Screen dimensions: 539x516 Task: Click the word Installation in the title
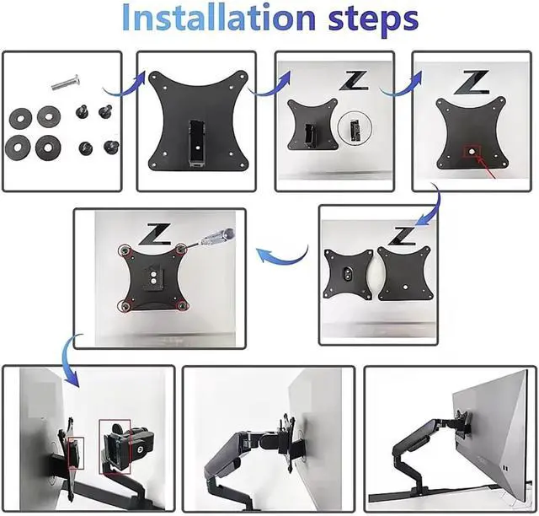[219, 17]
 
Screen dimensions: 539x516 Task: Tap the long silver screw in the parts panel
[67, 82]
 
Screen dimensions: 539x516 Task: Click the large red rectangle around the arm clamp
[115, 447]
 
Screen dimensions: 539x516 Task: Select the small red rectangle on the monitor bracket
[76, 453]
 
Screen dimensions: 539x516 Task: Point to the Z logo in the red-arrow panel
[472, 83]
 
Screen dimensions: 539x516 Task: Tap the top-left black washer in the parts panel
[21, 118]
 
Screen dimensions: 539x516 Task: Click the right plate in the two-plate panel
[404, 274]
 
